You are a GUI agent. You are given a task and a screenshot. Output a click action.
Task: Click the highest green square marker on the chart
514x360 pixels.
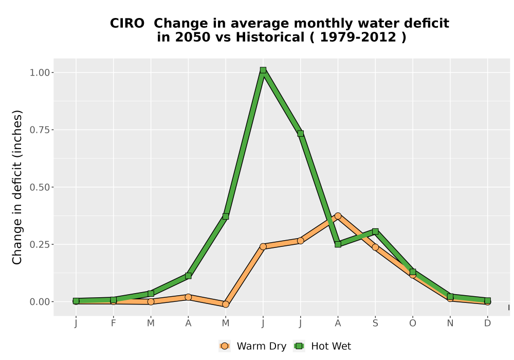(x=263, y=70)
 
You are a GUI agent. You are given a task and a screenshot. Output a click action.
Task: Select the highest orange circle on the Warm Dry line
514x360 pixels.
(x=338, y=216)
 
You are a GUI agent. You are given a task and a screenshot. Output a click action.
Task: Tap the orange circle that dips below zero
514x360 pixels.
(x=226, y=304)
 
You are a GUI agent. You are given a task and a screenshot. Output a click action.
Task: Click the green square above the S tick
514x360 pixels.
(x=375, y=231)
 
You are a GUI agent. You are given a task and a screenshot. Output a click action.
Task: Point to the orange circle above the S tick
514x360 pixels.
(x=375, y=247)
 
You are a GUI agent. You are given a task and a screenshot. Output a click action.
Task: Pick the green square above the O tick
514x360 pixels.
(x=413, y=272)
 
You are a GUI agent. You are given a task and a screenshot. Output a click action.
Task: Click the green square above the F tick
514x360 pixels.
(x=114, y=300)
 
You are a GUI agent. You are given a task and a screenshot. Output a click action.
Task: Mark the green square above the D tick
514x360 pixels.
(x=487, y=301)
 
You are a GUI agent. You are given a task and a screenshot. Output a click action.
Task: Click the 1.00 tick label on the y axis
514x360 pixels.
(x=40, y=73)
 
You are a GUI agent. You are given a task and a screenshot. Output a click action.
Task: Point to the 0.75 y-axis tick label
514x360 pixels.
(x=40, y=130)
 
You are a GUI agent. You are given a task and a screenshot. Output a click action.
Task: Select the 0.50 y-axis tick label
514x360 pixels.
(x=40, y=187)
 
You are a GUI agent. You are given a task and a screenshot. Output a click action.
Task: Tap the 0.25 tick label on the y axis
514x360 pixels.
(x=40, y=245)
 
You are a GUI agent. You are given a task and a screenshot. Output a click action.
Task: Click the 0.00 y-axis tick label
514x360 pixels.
(x=40, y=302)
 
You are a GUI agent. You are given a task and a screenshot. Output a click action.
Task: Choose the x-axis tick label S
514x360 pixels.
(x=375, y=323)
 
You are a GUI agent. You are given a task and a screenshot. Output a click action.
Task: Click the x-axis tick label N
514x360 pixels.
(x=450, y=323)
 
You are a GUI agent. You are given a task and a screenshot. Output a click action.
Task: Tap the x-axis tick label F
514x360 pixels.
(x=114, y=323)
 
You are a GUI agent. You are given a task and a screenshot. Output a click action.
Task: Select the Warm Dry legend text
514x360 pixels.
(x=262, y=346)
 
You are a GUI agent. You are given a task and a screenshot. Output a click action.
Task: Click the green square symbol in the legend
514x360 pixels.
(x=299, y=346)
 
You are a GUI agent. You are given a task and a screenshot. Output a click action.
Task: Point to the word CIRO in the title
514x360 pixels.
(x=127, y=24)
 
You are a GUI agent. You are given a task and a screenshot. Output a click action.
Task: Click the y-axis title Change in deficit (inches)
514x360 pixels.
(x=17, y=187)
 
